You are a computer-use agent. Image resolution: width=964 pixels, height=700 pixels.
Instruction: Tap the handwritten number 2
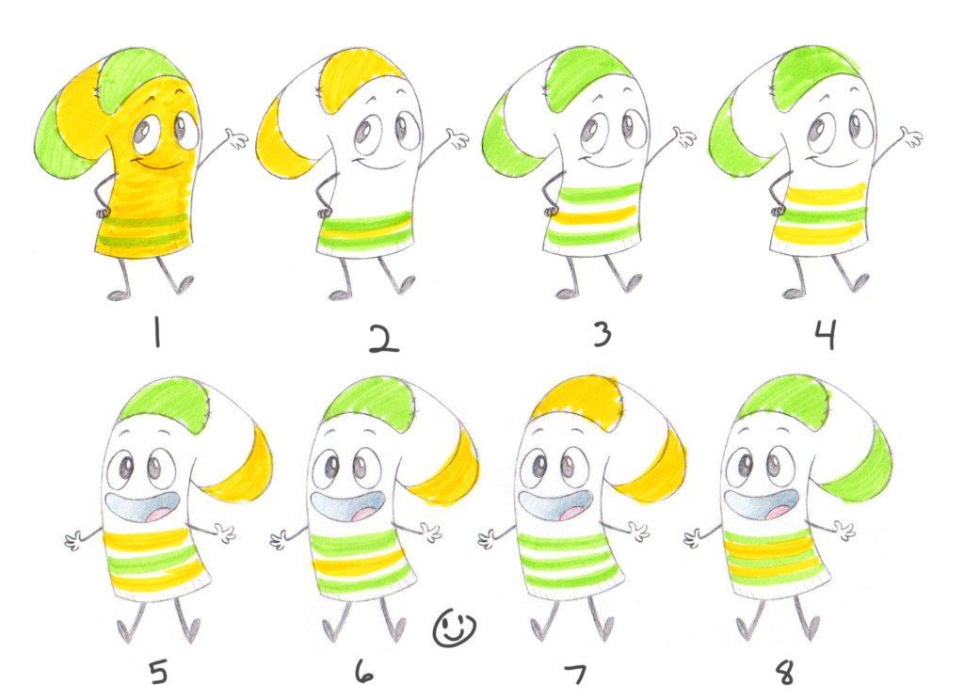tap(384, 339)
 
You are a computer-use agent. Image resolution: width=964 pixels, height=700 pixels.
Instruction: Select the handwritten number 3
tap(602, 334)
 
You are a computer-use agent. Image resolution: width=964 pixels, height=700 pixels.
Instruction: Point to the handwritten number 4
tap(825, 336)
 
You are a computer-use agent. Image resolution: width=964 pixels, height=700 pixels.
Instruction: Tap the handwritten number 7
tap(575, 674)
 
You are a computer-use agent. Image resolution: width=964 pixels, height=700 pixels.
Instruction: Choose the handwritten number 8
tap(785, 671)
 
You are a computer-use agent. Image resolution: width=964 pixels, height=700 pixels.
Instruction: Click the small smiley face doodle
tap(455, 628)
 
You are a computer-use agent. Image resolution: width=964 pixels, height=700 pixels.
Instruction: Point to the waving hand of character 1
tap(235, 138)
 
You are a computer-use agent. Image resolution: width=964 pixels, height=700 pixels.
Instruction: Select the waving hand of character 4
tap(911, 136)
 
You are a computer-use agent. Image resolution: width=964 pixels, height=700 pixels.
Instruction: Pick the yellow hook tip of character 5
tap(241, 464)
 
